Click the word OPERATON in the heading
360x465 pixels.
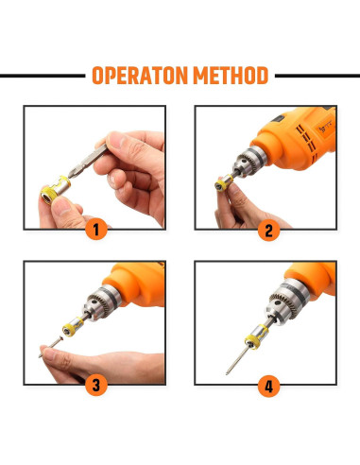point(140,76)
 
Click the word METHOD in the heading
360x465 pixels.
point(231,76)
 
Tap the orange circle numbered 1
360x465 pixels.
point(96,229)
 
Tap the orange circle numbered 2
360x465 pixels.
point(268,230)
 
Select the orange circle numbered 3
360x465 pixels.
point(96,385)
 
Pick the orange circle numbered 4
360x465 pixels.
point(268,386)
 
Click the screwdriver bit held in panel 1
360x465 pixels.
point(88,161)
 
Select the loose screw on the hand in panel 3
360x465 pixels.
point(51,347)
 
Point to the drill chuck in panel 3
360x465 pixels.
point(102,302)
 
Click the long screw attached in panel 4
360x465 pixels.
point(238,361)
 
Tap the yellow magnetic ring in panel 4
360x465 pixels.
point(256,336)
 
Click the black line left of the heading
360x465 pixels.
point(43,76)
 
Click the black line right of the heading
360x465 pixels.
point(317,76)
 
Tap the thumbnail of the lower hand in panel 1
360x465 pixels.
point(61,207)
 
